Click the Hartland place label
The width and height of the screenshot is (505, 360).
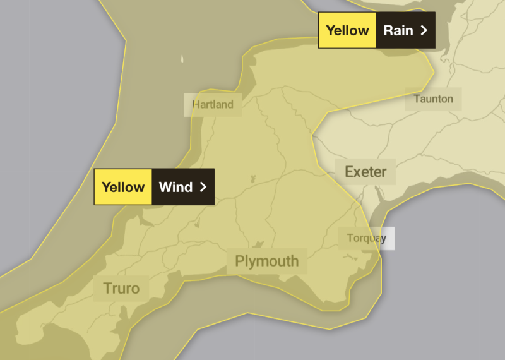pyautogui.click(x=213, y=105)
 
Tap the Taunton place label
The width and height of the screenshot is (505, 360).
pyautogui.click(x=433, y=99)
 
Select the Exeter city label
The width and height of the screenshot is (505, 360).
pyautogui.click(x=365, y=172)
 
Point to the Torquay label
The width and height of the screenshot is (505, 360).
pyautogui.click(x=366, y=238)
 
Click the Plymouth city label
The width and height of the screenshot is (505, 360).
pyautogui.click(x=266, y=261)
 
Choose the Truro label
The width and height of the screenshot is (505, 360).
pyautogui.click(x=121, y=289)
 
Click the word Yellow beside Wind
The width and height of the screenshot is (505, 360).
pyautogui.click(x=123, y=187)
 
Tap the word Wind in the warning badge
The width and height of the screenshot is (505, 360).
pyautogui.click(x=175, y=187)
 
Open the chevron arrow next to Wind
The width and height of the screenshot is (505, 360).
pyautogui.click(x=203, y=187)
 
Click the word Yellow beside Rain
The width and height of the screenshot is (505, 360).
pyautogui.click(x=347, y=30)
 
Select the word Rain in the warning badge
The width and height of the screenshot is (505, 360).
pyautogui.click(x=398, y=30)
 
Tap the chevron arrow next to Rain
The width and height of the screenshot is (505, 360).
pyautogui.click(x=424, y=30)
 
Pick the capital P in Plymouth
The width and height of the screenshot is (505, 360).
pyautogui.click(x=240, y=261)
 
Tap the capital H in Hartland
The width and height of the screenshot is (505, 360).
pyautogui.click(x=196, y=105)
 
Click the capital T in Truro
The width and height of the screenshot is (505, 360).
pyautogui.click(x=107, y=289)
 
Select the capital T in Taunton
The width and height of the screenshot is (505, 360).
pyautogui.click(x=417, y=99)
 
